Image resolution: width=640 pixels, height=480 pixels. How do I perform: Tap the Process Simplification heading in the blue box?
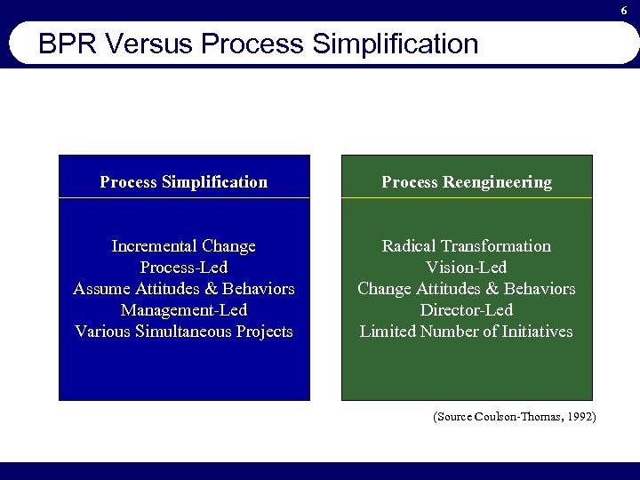pos(184,182)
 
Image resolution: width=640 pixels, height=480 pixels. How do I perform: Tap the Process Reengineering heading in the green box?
pos(467,182)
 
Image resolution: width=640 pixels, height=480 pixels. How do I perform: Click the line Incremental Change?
pos(184,246)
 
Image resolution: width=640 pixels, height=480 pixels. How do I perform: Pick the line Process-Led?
pos(184,268)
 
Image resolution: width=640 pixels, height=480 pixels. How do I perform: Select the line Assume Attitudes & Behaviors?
pos(184,289)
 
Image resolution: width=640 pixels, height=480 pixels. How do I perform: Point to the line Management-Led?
pos(184,310)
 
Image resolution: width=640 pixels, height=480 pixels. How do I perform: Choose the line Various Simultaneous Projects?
pos(184,332)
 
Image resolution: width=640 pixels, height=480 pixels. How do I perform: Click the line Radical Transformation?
pos(467,246)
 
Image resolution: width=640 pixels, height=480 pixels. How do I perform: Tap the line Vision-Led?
pos(467,268)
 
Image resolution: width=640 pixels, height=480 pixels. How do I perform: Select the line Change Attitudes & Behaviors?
pos(467,289)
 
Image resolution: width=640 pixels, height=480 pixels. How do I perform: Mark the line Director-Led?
pos(467,310)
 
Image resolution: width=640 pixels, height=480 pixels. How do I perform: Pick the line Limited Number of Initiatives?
pos(467,332)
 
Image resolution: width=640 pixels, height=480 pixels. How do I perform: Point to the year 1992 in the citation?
pos(580,416)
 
